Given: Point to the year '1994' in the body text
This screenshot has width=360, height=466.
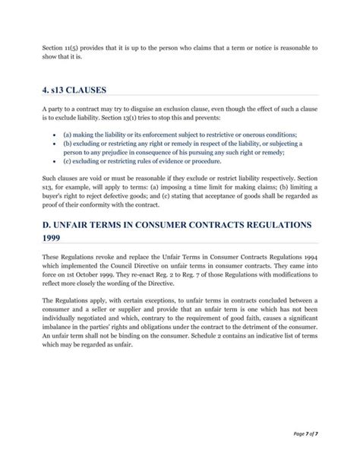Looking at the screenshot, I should click(x=309, y=266).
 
